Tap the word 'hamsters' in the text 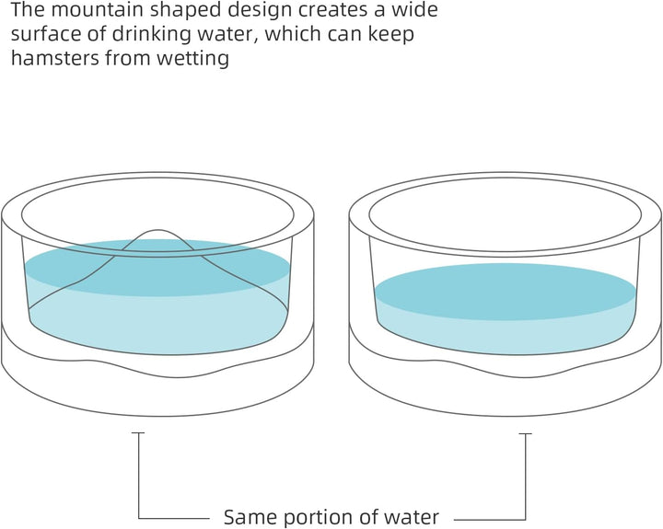(47, 59)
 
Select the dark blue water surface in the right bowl (506, 291)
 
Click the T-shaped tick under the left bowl (138, 434)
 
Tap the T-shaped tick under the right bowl (525, 434)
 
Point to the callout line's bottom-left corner (138, 516)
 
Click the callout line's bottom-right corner (525, 516)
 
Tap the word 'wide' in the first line (417, 11)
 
